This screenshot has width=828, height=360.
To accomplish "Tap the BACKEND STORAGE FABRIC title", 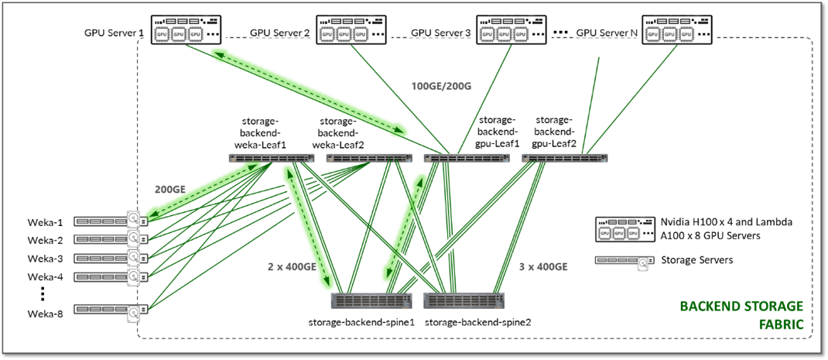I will point(741,314).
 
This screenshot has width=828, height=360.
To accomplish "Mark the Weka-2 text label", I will point(45,240).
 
